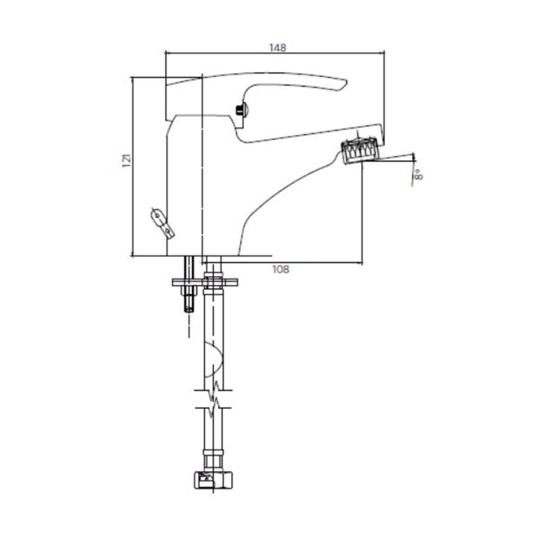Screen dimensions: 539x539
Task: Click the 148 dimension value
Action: pos(278,48)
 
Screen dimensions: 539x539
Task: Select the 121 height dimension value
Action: pos(127,160)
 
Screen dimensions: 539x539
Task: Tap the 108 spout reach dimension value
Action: pos(281,269)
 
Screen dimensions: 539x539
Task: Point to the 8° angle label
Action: pos(419,175)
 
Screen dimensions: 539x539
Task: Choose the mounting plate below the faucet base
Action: pos(205,282)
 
